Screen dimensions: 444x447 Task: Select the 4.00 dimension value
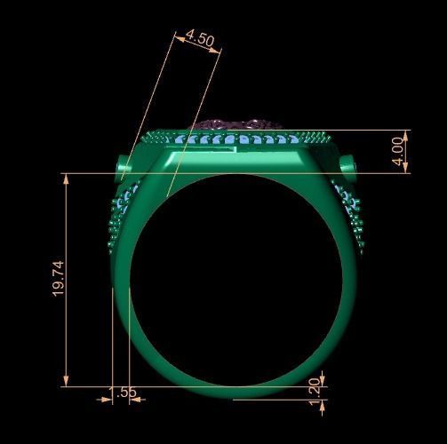point(397,152)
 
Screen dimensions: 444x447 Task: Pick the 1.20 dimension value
point(313,391)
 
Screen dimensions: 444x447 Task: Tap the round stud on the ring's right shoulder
point(347,166)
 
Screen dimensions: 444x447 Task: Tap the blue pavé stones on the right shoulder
point(347,206)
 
